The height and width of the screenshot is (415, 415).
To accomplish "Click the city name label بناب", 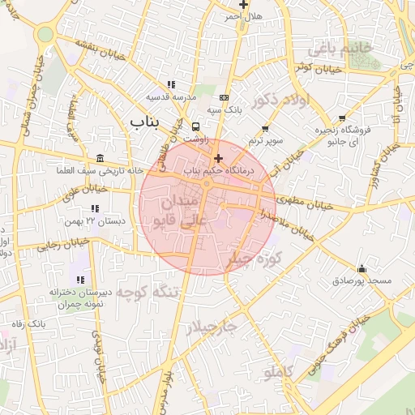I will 146,121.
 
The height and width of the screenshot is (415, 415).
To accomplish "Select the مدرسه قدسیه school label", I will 172,96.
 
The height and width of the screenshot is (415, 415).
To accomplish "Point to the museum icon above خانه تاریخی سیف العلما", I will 100,157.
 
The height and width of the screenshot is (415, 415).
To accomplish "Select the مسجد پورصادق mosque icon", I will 361,269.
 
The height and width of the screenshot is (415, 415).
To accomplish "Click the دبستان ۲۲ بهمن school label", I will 106,220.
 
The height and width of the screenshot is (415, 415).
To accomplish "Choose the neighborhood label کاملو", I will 278,372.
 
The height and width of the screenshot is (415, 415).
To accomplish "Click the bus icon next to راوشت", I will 195,126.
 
